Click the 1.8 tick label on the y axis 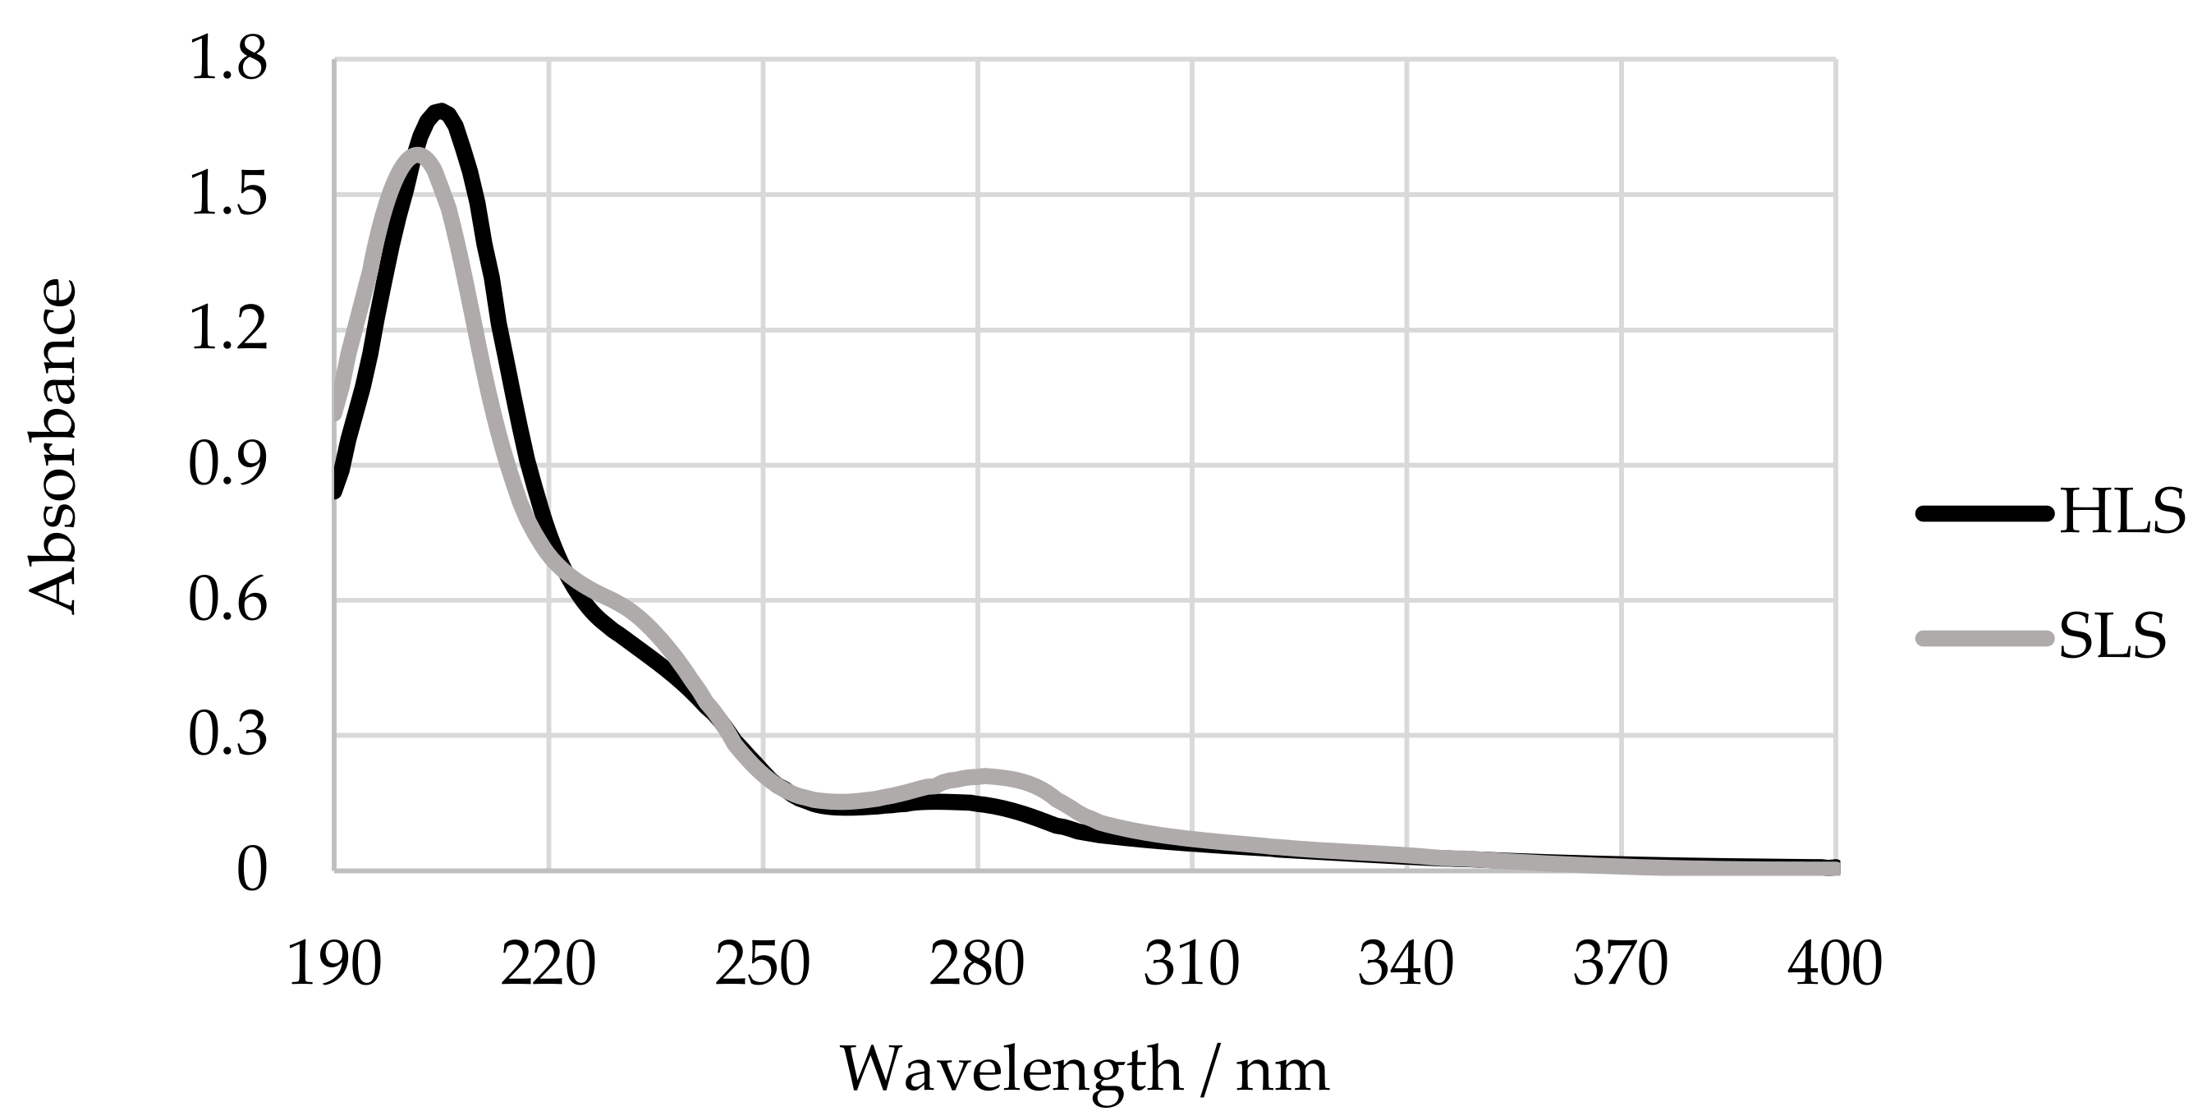pos(227,62)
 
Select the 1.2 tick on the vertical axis pos(227,331)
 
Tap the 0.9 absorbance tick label pos(227,466)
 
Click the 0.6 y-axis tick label pos(227,601)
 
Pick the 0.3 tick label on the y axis pos(227,737)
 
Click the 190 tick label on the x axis pos(333,965)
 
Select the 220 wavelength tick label pos(548,965)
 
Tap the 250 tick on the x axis pos(763,965)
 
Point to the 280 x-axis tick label pos(977,965)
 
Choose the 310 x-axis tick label pos(1191,965)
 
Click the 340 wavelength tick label pos(1406,965)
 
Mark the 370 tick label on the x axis pos(1621,965)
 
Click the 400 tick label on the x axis pos(1835,965)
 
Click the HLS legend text pos(2122,514)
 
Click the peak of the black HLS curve pos(440,110)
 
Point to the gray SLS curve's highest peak pos(418,154)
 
